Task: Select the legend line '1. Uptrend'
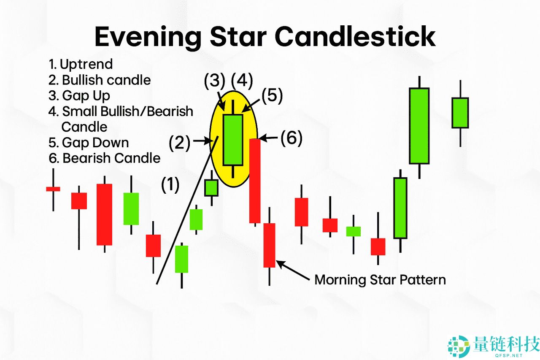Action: pyautogui.click(x=81, y=65)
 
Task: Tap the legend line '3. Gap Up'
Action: pyautogui.click(x=79, y=96)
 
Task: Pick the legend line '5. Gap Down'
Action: pyautogui.click(x=89, y=143)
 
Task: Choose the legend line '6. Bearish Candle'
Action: pyautogui.click(x=104, y=158)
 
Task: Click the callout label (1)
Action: pyautogui.click(x=170, y=185)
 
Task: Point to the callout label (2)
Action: pyautogui.click(x=180, y=143)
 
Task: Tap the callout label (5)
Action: pyautogui.click(x=272, y=95)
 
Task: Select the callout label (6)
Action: pyautogui.click(x=292, y=138)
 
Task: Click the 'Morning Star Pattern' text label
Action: pyautogui.click(x=380, y=280)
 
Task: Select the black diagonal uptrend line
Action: pyautogui.click(x=187, y=210)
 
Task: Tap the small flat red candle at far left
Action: pyautogui.click(x=53, y=189)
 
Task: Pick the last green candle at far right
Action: pyautogui.click(x=460, y=113)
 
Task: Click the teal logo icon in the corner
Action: pyautogui.click(x=459, y=346)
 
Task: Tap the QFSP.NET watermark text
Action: pyautogui.click(x=509, y=355)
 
